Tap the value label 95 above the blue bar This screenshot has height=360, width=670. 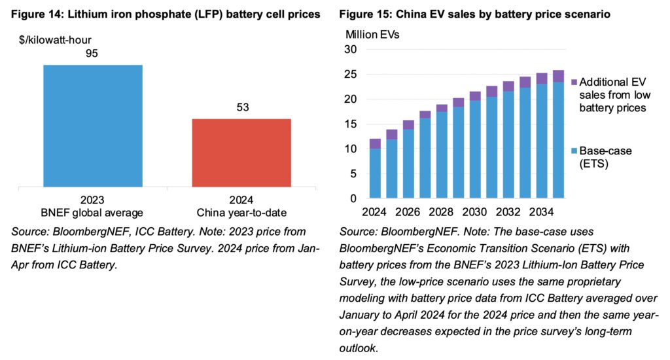92,53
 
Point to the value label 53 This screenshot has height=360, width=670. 241,107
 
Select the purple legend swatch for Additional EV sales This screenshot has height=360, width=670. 574,82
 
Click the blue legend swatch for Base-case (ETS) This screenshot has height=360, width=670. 574,151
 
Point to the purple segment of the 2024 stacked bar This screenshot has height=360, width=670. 375,143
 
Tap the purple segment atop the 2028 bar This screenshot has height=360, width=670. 442,108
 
